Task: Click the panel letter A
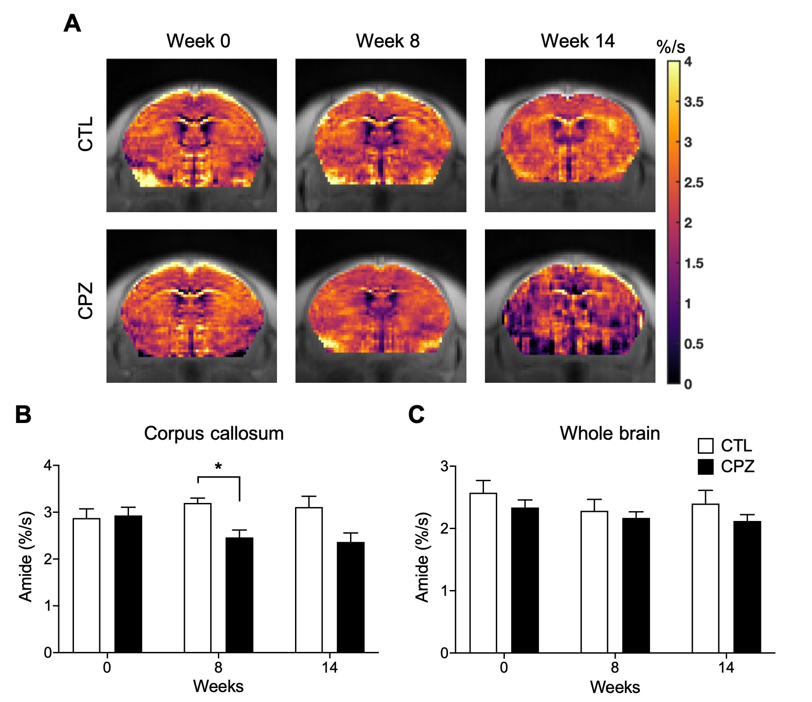[x=72, y=23]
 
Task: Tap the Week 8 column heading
[x=388, y=41]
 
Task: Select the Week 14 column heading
[x=577, y=41]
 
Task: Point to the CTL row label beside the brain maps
[x=85, y=134]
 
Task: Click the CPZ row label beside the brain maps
[x=85, y=301]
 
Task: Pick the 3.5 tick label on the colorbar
[x=693, y=102]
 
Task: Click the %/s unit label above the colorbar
[x=670, y=46]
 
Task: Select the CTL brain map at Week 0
[x=192, y=135]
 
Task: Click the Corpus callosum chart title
[x=214, y=433]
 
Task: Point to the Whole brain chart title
[x=610, y=433]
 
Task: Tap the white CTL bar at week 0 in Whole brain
[x=483, y=573]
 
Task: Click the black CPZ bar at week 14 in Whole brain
[x=747, y=587]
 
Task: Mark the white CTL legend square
[x=706, y=446]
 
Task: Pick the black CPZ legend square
[x=706, y=467]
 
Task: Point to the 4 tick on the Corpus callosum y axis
[x=48, y=465]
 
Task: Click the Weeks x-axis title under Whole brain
[x=615, y=687]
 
